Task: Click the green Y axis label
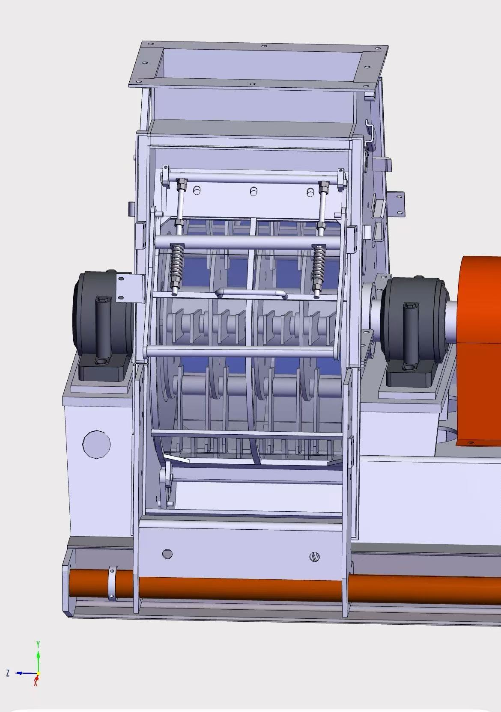[x=38, y=644]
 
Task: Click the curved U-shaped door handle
[x=251, y=293]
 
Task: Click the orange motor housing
[x=479, y=350]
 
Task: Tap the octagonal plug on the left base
[x=97, y=444]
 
